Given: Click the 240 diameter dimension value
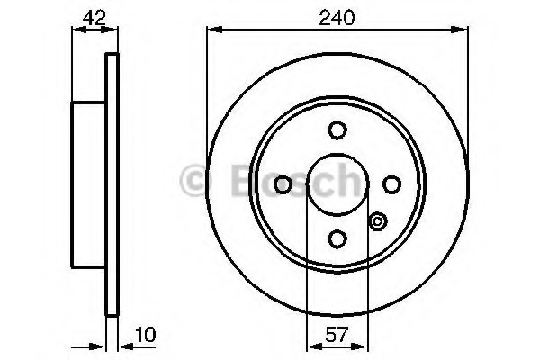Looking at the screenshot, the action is pos(336,18).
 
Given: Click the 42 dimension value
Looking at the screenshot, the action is pos(94,18).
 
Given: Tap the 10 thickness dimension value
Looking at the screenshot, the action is pos(146,335).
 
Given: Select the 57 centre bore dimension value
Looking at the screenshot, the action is pos(337,335).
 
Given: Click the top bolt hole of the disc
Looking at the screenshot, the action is pos(337,130).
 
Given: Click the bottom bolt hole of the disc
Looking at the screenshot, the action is pos(337,238).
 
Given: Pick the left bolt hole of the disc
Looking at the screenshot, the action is pos(283,184).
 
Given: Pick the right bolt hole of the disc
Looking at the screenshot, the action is pos(391,184).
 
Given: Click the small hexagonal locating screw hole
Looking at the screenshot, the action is pos(378,221).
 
